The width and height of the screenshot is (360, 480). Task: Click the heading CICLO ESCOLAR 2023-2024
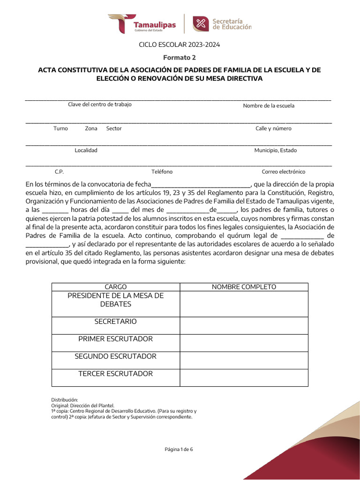point(180,45)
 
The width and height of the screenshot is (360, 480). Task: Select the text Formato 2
point(180,58)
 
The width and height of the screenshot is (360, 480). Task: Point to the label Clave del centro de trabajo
point(100,105)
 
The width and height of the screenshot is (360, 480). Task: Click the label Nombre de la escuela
point(269,106)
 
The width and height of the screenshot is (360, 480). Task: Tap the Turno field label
point(60,128)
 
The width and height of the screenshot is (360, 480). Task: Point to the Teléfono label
point(162,172)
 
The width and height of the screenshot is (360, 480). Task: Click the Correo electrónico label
point(283,172)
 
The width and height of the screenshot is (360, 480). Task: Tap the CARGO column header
point(116,287)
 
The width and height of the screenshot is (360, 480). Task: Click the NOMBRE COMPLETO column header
point(244,287)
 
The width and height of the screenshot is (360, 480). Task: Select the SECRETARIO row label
point(116,322)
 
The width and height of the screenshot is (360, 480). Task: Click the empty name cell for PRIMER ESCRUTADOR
point(244,343)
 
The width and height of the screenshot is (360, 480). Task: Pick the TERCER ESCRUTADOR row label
point(116,374)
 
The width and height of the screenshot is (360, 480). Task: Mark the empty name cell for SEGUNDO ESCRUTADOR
point(244,360)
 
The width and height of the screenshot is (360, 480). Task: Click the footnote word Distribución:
point(64,400)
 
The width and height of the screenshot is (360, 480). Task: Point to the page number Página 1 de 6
point(179,450)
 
